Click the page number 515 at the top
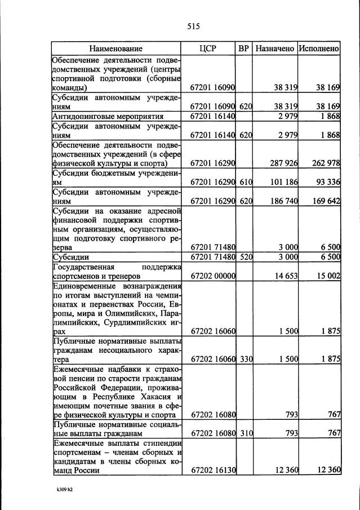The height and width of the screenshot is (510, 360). click(194, 26)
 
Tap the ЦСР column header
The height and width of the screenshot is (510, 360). click(208, 49)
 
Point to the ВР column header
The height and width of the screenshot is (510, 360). click(243, 49)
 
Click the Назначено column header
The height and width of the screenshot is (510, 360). click(274, 49)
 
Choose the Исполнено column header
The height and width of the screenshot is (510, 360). click(319, 49)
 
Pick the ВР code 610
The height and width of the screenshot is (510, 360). click(243, 181)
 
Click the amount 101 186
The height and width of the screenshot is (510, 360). click(282, 181)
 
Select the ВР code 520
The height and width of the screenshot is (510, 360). click(243, 258)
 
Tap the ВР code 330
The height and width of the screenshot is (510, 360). click(243, 359)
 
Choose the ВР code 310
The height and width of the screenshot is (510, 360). click(243, 434)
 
